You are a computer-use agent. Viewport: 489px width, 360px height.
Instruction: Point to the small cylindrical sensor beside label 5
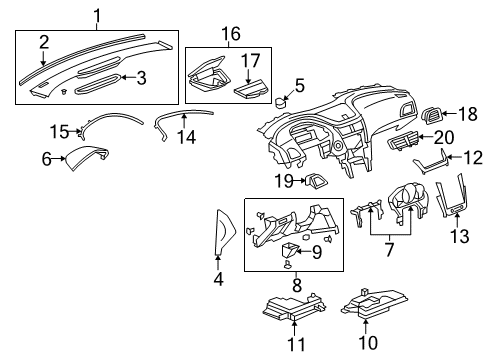click(281, 102)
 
